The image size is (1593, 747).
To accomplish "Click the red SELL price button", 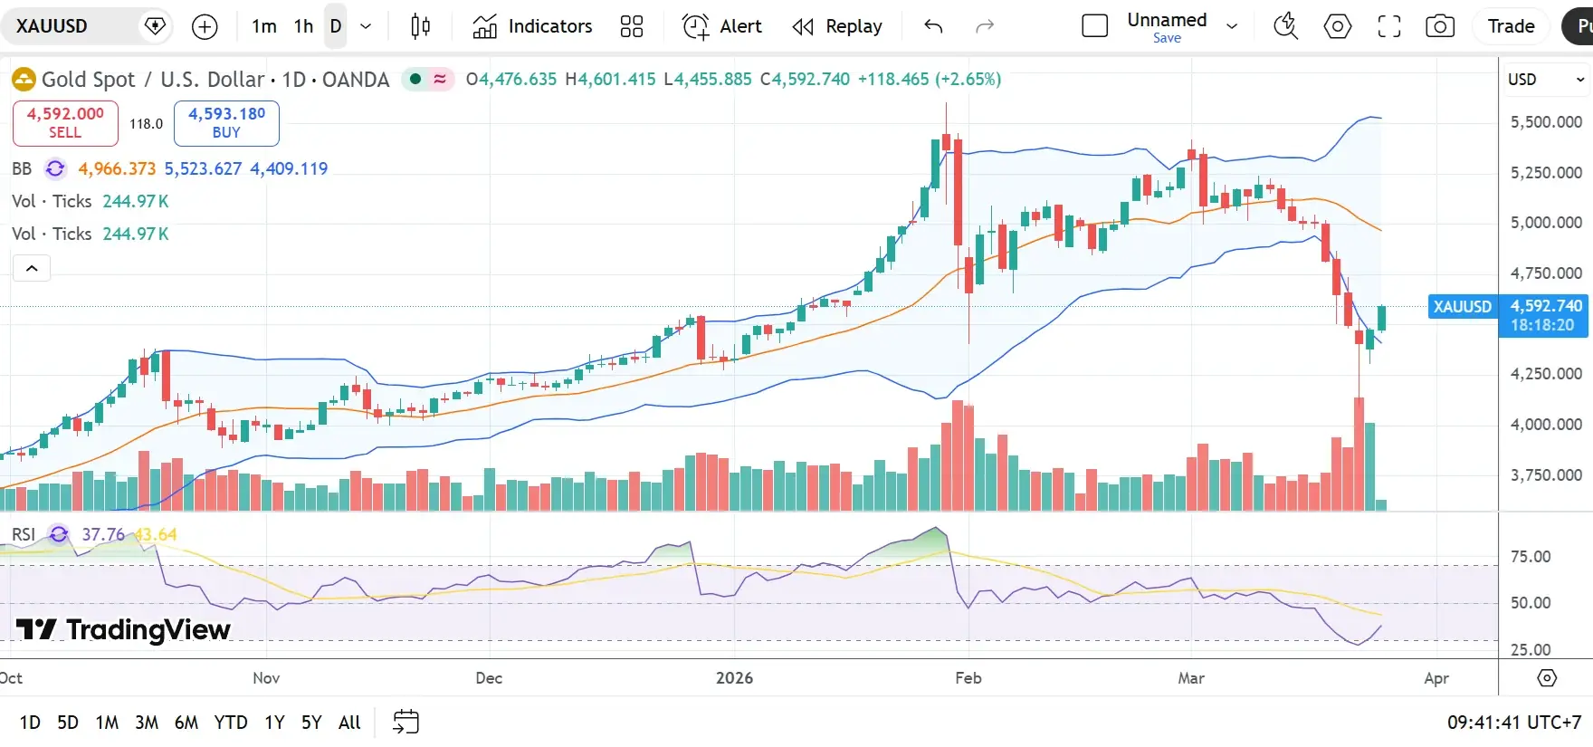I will click(x=65, y=122).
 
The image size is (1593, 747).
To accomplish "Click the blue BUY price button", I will click(x=226, y=122).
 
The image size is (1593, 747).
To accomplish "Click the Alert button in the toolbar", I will click(x=722, y=26).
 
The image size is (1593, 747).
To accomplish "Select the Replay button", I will click(x=837, y=26).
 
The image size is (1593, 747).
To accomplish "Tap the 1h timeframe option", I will click(x=303, y=26).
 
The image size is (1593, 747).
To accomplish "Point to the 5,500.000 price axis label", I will click(x=1546, y=122).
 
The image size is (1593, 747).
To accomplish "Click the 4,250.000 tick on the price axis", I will click(x=1546, y=374).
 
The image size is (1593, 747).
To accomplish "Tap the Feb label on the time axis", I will click(x=968, y=677).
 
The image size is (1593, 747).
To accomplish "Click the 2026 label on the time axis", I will click(x=734, y=677).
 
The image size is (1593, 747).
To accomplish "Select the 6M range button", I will click(x=186, y=722).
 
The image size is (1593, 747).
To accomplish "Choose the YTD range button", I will click(x=231, y=722).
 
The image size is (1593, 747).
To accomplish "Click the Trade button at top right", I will click(x=1511, y=26).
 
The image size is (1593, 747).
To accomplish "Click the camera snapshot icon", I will click(x=1439, y=26).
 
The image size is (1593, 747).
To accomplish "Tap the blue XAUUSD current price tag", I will click(x=1462, y=307).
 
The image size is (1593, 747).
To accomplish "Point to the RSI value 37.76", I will click(x=103, y=534).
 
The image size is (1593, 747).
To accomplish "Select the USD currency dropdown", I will click(x=1545, y=80).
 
